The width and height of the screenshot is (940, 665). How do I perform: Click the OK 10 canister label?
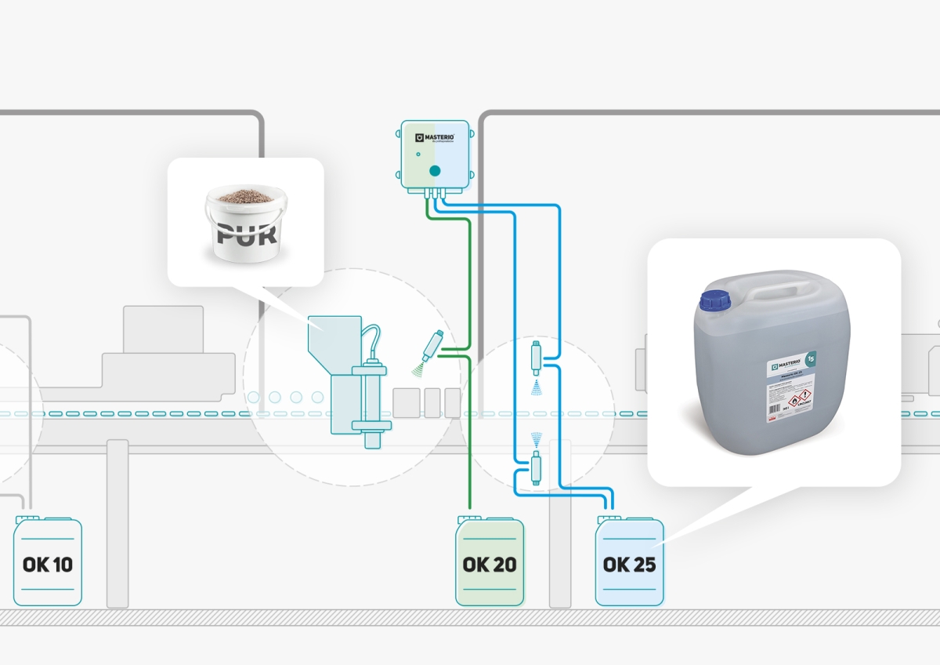[x=48, y=564]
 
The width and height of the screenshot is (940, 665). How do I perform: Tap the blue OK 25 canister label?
[x=629, y=564]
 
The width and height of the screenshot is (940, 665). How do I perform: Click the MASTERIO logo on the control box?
[x=435, y=138]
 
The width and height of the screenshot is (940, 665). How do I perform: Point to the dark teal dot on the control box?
[x=436, y=170]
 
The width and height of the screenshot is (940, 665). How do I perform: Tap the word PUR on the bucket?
[x=246, y=234]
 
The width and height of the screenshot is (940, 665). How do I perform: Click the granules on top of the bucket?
[x=244, y=194]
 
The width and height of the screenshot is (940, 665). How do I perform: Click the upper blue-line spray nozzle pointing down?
[x=537, y=358]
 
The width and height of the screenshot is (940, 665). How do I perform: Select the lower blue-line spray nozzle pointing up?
[x=536, y=468]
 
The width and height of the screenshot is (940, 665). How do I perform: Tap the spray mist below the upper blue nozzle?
[x=537, y=387]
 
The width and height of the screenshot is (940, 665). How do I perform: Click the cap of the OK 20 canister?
[x=468, y=517]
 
